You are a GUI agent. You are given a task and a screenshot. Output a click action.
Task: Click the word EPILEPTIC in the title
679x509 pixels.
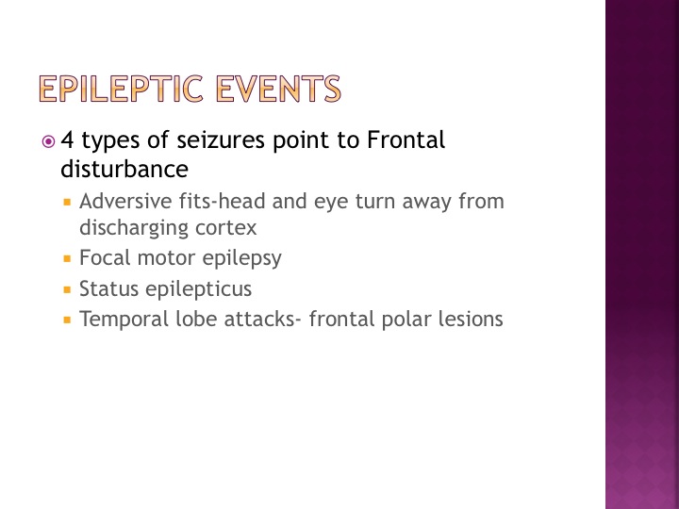(122, 89)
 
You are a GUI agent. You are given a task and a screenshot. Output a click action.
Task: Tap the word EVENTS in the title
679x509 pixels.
(278, 89)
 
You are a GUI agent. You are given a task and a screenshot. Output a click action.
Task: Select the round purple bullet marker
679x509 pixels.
(48, 141)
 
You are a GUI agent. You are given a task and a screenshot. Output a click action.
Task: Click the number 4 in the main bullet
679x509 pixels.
(67, 140)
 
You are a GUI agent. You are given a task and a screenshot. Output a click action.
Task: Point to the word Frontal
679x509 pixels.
(406, 140)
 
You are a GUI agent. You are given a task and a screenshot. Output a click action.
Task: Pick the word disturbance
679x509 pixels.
(124, 169)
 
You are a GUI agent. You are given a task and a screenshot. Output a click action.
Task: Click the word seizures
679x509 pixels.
(221, 140)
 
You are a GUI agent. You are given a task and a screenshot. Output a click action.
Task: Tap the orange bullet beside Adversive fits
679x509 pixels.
(67, 202)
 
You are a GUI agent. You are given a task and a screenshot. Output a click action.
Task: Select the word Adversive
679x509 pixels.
(125, 202)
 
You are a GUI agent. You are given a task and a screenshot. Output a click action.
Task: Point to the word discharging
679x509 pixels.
(134, 228)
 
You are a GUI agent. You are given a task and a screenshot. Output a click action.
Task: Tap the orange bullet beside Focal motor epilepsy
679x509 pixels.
(67, 259)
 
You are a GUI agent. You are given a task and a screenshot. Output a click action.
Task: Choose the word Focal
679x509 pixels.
(105, 257)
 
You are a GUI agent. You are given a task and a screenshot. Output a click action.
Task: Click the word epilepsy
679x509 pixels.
(242, 258)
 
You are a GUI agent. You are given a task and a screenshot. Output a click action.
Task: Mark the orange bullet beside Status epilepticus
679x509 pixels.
(67, 289)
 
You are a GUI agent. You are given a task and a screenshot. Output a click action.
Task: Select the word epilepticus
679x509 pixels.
(198, 288)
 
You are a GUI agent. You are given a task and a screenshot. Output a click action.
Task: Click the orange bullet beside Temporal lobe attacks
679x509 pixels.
(67, 320)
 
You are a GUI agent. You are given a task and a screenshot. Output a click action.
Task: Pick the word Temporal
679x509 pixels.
(124, 320)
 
